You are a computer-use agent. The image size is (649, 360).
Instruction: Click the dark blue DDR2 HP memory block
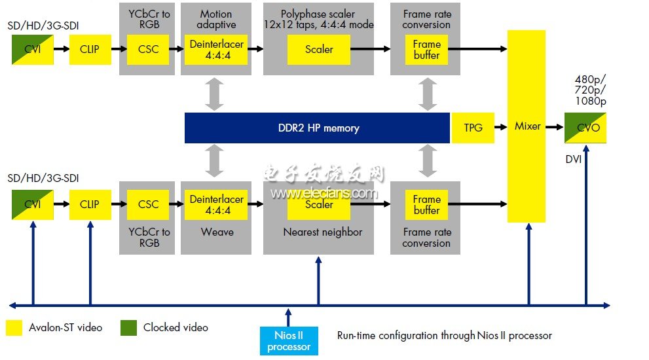coord(317,128)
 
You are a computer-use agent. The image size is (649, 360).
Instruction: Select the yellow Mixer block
coord(527,126)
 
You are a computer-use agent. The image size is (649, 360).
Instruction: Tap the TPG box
coord(473,128)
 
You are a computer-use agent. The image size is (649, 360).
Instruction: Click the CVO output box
coord(585,128)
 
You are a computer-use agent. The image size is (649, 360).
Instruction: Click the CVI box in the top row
coord(33,49)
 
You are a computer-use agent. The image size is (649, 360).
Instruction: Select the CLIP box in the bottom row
coord(90,204)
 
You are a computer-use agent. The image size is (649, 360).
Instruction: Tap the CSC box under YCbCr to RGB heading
coord(149,49)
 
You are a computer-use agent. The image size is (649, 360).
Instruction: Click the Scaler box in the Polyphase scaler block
coord(319,49)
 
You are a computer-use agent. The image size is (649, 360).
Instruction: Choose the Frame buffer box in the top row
coord(427,49)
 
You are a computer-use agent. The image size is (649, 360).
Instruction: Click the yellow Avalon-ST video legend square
coord(14,327)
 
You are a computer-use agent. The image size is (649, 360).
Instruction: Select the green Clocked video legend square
coord(128,327)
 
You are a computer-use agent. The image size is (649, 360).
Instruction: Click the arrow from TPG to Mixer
coord(500,128)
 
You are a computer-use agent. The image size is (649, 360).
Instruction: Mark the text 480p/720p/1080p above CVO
coord(590,90)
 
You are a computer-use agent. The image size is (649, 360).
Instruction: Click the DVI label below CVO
coord(574,159)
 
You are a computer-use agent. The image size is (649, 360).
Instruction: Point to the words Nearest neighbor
coord(322,232)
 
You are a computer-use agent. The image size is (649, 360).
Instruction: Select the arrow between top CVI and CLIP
coord(61,49)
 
